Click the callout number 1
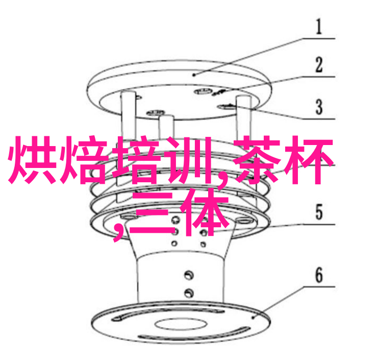pos(319,27)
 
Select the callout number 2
pos(319,64)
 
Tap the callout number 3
pos(319,107)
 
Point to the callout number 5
pos(319,212)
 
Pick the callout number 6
pos(319,275)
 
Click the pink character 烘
pos(32,159)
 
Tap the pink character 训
pos(190,159)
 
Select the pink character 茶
pos(257,159)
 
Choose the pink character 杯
pos(308,159)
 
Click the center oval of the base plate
pos(180,324)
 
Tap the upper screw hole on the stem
pos(189,275)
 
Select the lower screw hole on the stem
pos(189,293)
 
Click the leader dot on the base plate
pos(253,318)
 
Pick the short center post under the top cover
pos(166,128)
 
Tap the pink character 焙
pos(85,159)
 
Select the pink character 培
pos(137,159)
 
